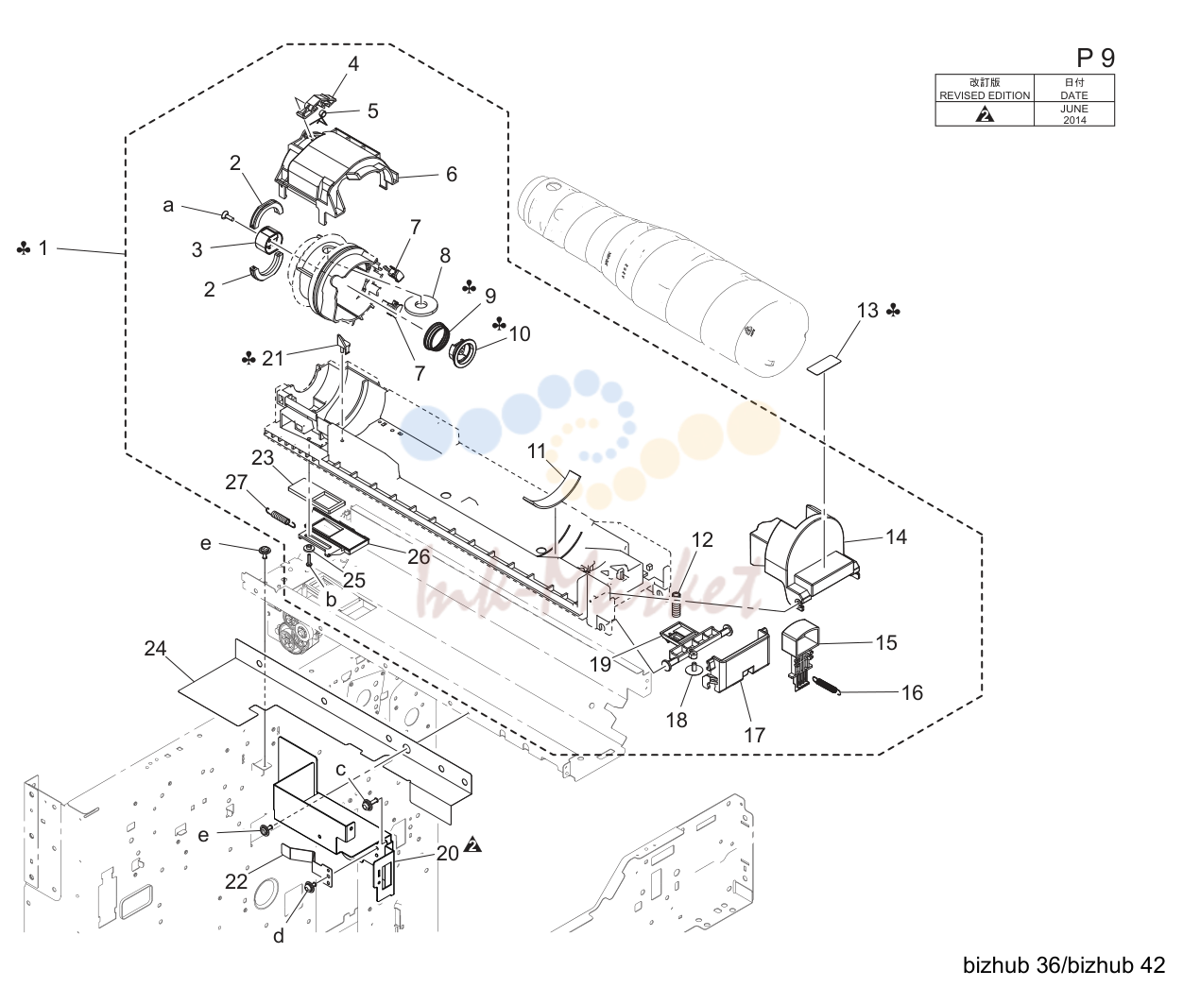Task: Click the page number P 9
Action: click(1095, 58)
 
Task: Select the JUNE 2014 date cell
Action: click(1074, 114)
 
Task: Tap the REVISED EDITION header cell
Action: click(985, 89)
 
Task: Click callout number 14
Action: click(896, 536)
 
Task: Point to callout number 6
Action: click(451, 174)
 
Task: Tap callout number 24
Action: click(155, 648)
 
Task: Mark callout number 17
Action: click(754, 735)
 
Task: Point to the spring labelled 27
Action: click(280, 516)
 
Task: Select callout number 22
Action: click(235, 881)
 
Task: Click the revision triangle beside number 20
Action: click(472, 845)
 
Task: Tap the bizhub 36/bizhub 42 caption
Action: click(1064, 965)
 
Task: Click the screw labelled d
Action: click(309, 887)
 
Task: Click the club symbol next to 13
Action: click(894, 311)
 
